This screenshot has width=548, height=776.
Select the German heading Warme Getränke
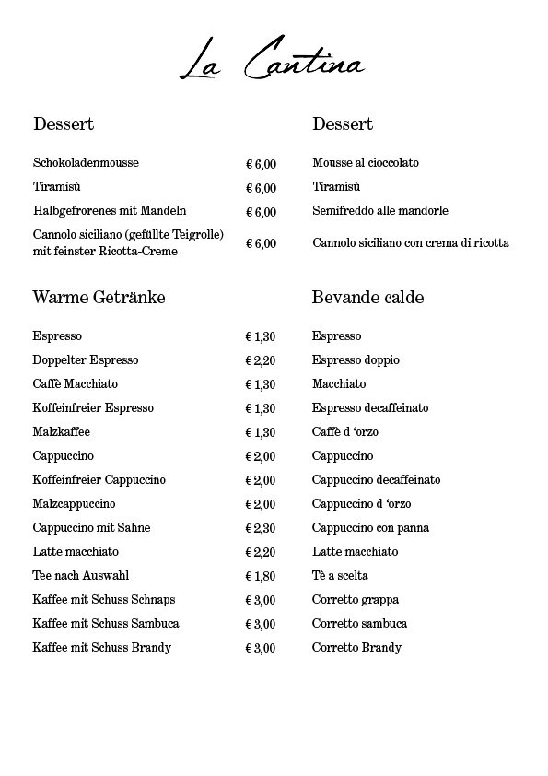pyautogui.click(x=99, y=298)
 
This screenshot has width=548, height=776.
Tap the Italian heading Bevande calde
pyautogui.click(x=367, y=298)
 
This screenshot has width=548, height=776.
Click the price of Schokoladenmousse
pyautogui.click(x=261, y=164)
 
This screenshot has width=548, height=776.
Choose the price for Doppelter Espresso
pyautogui.click(x=261, y=360)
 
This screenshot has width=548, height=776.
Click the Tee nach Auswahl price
pyautogui.click(x=261, y=576)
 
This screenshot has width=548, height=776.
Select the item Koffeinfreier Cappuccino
pyautogui.click(x=99, y=480)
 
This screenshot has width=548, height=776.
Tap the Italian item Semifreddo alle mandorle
pyautogui.click(x=380, y=211)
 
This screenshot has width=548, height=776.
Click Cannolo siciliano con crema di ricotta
pyautogui.click(x=410, y=243)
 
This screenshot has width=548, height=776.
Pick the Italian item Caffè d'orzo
pyautogui.click(x=345, y=432)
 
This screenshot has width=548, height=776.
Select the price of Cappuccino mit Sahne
pyautogui.click(x=261, y=528)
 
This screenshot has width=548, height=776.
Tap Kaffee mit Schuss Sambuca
pyautogui.click(x=106, y=624)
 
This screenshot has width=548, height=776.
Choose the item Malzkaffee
pyautogui.click(x=61, y=432)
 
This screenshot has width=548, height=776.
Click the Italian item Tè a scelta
pyautogui.click(x=340, y=576)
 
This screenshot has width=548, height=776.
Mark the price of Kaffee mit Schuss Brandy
pyautogui.click(x=261, y=648)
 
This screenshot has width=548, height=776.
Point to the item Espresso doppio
pyautogui.click(x=356, y=360)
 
